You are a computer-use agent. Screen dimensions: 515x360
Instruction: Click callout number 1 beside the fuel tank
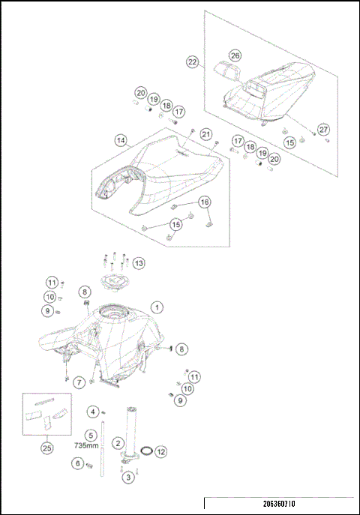(x=156, y=307)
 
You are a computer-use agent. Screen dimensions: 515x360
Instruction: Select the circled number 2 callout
(x=118, y=443)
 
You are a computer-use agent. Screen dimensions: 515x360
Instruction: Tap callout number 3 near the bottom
(x=128, y=477)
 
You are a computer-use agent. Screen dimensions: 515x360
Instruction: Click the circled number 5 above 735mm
(x=91, y=434)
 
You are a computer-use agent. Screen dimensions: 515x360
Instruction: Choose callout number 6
(x=77, y=463)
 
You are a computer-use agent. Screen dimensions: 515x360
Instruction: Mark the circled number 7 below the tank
(x=79, y=382)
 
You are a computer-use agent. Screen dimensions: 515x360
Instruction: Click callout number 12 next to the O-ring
(x=160, y=451)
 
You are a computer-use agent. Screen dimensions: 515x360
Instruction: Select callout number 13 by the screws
(x=139, y=263)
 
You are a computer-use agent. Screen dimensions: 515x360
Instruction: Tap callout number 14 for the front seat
(x=120, y=140)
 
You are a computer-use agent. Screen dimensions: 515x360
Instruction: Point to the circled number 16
(x=204, y=202)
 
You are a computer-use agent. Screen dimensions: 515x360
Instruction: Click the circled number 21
(x=206, y=133)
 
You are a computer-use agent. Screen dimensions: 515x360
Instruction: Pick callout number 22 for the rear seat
(x=193, y=63)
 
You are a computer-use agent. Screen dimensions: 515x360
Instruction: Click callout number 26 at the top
(x=235, y=56)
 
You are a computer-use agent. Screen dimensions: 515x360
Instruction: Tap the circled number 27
(x=323, y=129)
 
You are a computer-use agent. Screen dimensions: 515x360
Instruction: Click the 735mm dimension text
(x=87, y=445)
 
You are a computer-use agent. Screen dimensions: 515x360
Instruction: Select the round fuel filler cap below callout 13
(x=115, y=283)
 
